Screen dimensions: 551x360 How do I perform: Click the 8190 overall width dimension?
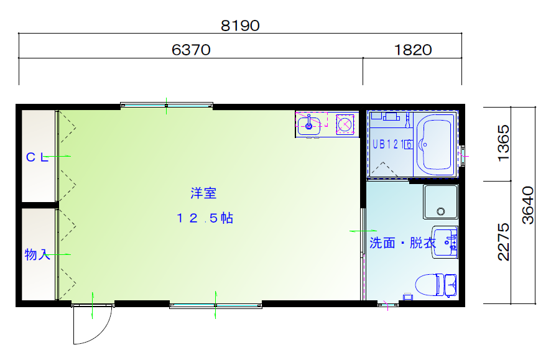pyautogui.click(x=240, y=25)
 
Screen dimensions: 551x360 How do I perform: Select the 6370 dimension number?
pyautogui.click(x=191, y=50)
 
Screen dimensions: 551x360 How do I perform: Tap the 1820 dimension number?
pyautogui.click(x=413, y=50)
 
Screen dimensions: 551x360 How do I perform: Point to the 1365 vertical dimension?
pyautogui.click(x=503, y=143)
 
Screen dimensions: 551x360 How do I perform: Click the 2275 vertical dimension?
pyautogui.click(x=503, y=242)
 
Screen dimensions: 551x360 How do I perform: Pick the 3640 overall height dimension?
pyautogui.click(x=528, y=205)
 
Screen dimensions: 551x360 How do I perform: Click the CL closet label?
pyautogui.click(x=37, y=157)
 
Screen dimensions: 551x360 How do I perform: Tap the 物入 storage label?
pyautogui.click(x=37, y=254)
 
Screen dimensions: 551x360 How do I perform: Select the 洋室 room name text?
pyautogui.click(x=203, y=193)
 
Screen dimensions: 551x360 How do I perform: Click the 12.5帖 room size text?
pyautogui.click(x=205, y=218)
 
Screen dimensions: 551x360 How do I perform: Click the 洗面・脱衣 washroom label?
pyautogui.click(x=403, y=242)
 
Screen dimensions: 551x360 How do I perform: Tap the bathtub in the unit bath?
pyautogui.click(x=435, y=144)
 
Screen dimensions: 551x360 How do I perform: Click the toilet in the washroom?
pyautogui.click(x=436, y=285)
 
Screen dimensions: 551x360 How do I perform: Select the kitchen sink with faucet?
pyautogui.click(x=309, y=126)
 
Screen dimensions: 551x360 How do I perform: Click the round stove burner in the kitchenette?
pyautogui.click(x=345, y=124)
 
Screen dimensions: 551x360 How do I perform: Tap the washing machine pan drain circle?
pyautogui.click(x=441, y=211)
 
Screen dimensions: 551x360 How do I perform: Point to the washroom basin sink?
pyautogui.click(x=445, y=242)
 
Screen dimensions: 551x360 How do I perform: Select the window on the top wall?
pyautogui.click(x=167, y=104)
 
